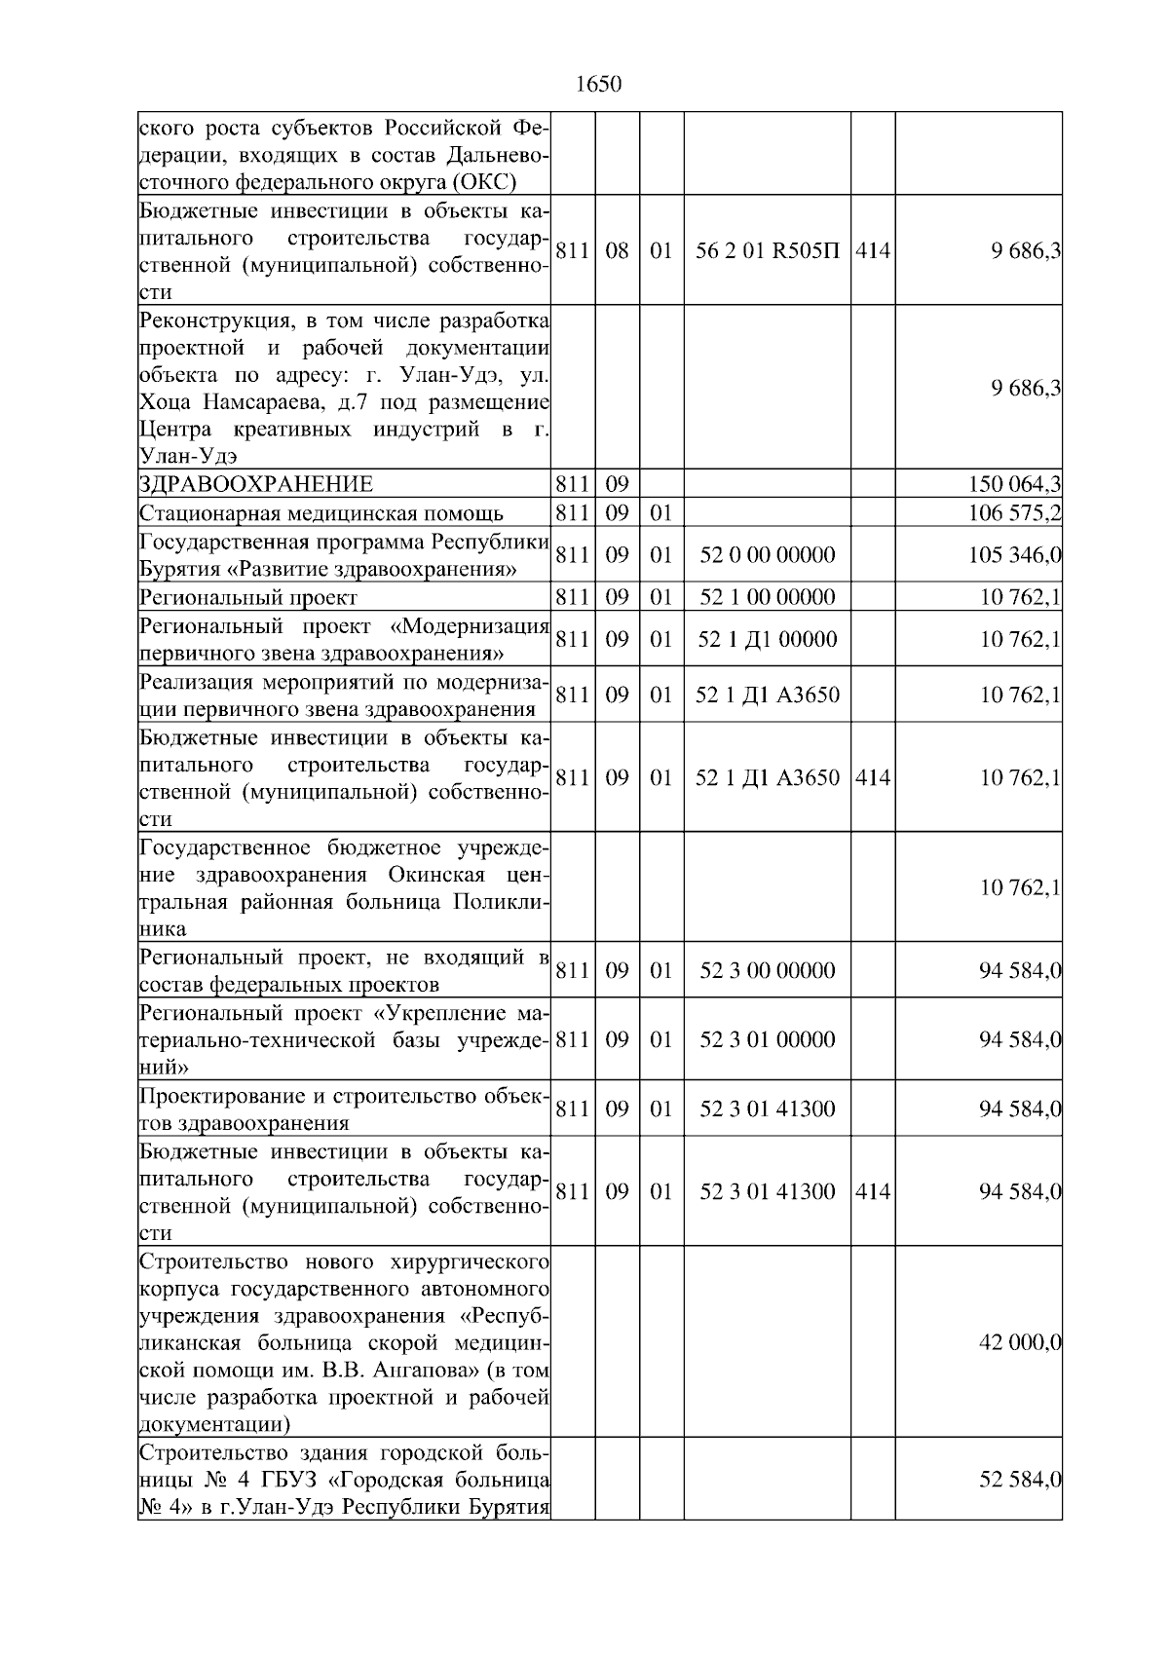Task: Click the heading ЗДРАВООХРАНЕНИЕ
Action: (256, 484)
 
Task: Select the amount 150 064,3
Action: (1015, 484)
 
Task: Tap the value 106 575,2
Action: (1015, 513)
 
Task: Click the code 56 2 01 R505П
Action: (767, 250)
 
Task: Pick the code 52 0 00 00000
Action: (767, 555)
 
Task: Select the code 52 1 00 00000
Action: (767, 597)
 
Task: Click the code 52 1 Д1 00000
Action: (767, 639)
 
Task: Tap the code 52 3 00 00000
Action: (767, 970)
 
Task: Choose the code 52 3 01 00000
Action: (767, 1039)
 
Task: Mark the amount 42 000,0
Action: (1020, 1343)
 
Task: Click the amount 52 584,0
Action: (1020, 1481)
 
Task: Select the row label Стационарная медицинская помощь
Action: (321, 513)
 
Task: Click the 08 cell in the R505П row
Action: (617, 250)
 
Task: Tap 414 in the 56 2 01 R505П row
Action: (873, 250)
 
